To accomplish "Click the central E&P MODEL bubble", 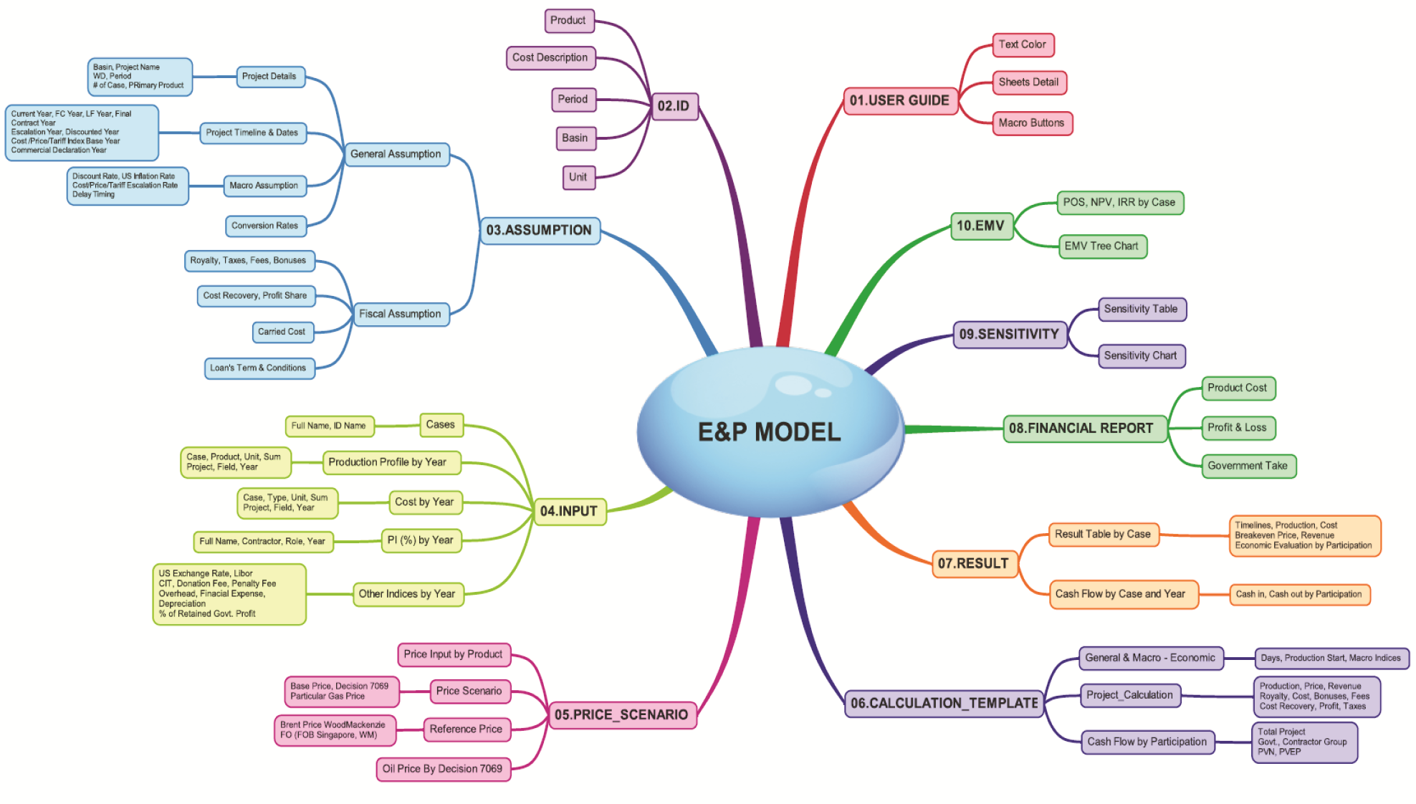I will tap(770, 431).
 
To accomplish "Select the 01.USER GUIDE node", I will tap(899, 100).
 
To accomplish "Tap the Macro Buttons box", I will tap(1031, 123).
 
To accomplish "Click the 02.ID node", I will tap(674, 106).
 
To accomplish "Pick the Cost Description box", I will tap(550, 57).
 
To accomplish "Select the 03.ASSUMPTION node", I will tap(539, 230).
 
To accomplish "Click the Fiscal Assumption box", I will tap(400, 314).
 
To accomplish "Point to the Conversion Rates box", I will tap(264, 226).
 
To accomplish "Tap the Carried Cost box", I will tap(282, 332).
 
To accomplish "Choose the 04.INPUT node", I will tap(569, 511).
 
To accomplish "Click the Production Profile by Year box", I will tap(388, 462).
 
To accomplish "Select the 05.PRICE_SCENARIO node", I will tap(621, 714).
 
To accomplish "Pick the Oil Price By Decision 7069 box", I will tap(442, 769).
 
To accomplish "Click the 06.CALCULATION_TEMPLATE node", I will tap(944, 703).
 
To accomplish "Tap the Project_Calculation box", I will tap(1129, 695).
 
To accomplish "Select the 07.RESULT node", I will tap(973, 563).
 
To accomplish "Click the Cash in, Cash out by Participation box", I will tap(1298, 594).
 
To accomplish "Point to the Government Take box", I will tap(1248, 466).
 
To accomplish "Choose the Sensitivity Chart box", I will tap(1140, 355).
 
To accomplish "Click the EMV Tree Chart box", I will tap(1101, 246).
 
